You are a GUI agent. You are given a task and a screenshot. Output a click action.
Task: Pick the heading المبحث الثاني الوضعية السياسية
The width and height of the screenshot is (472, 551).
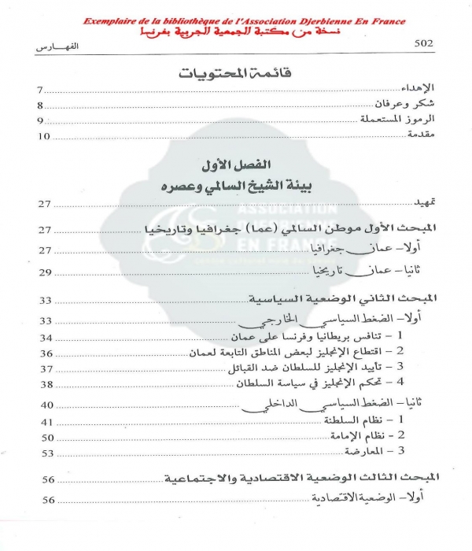[x=341, y=299]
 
